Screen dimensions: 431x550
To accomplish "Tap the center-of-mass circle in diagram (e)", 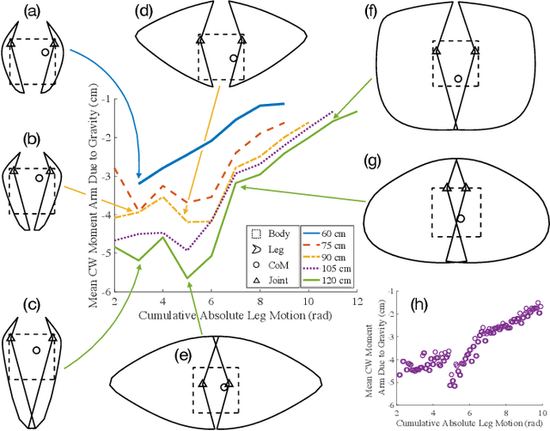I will point(223,387).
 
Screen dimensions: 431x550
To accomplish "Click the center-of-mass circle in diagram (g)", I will point(460,219).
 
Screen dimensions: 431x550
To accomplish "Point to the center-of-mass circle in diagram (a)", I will point(46,52).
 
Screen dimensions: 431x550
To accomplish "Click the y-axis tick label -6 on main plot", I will point(104,294).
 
